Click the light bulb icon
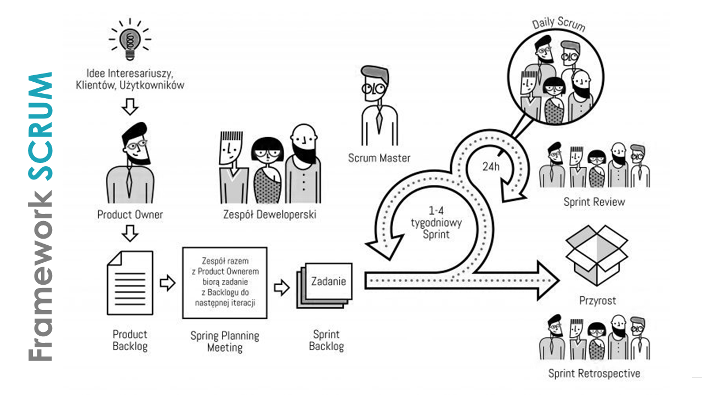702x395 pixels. coord(130,39)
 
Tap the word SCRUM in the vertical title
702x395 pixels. coord(41,126)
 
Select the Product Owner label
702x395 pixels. coord(130,215)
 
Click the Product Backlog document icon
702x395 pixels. coord(130,283)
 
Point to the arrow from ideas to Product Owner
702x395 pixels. coord(130,107)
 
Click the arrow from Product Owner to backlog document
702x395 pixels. coord(130,233)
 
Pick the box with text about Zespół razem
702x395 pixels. coord(225,283)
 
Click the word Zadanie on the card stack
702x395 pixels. coord(329,281)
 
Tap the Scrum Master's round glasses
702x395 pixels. coord(374,89)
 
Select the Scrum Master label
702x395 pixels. coord(379,158)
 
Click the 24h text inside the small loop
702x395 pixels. coord(491,166)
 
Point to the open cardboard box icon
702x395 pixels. coord(597,255)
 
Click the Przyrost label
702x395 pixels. coord(598,301)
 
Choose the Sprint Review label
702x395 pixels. coord(594,202)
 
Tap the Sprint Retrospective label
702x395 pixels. coord(594,374)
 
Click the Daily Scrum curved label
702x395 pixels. coord(559,24)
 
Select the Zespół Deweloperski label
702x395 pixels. coord(269,215)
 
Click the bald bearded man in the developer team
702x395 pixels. coord(303,163)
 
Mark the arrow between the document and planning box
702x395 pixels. coord(168,283)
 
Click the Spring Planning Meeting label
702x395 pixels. coord(225,341)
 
